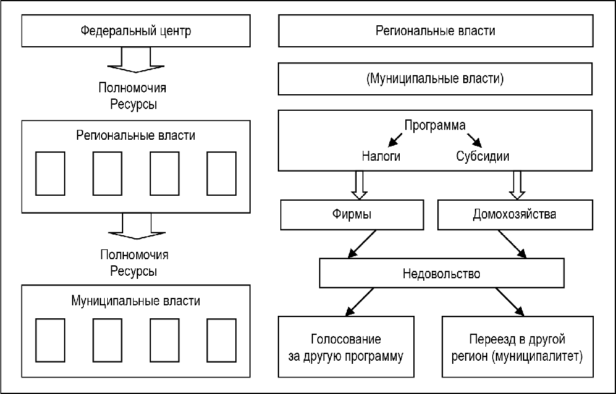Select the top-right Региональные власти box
(x=435, y=31)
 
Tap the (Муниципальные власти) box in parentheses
(x=435, y=78)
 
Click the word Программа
(x=435, y=125)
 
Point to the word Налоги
(x=381, y=156)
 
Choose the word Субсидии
(x=483, y=156)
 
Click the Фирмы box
(x=351, y=215)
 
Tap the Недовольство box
(x=441, y=273)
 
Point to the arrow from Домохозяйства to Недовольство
(x=513, y=243)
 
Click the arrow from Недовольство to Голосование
(x=349, y=302)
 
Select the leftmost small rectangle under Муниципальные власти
(x=50, y=340)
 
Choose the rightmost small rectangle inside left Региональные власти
(x=221, y=173)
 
